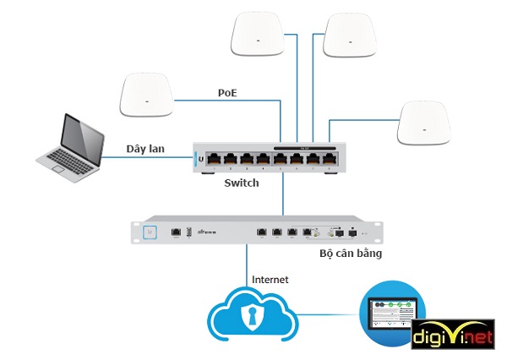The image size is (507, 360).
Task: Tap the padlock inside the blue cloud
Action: (251, 316)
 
